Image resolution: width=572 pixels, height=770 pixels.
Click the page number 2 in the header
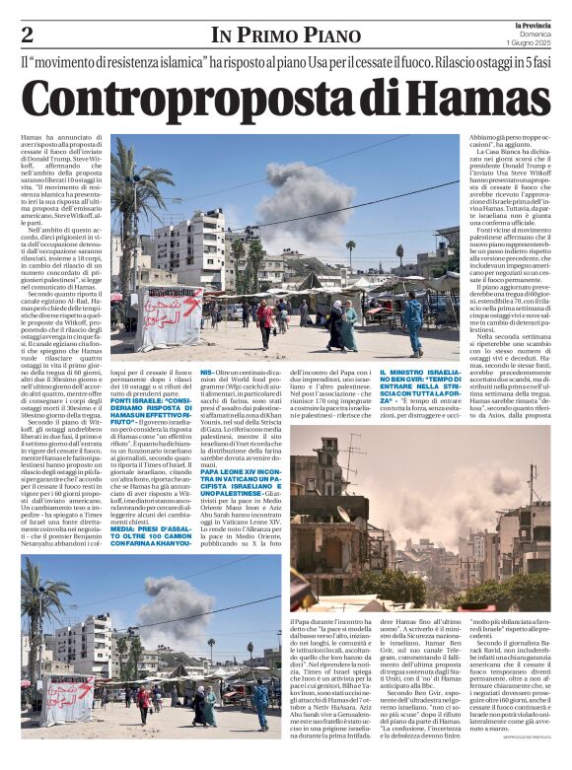[28, 35]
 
